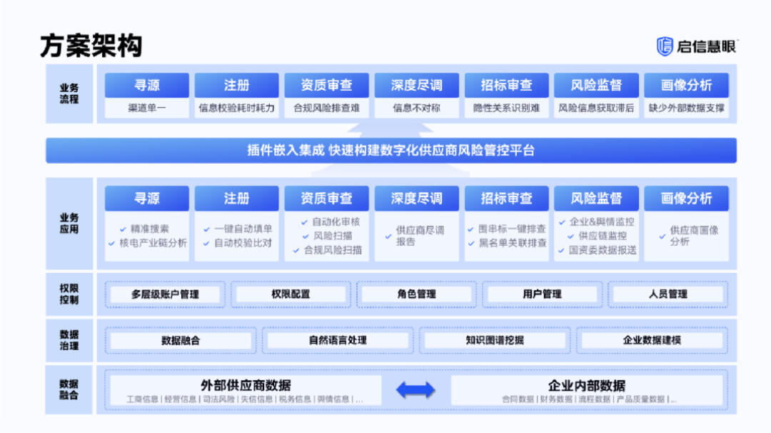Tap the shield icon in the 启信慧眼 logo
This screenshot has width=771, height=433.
coord(665,46)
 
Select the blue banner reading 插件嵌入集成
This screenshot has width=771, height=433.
coord(390,151)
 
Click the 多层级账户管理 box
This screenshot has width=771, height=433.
coord(165,294)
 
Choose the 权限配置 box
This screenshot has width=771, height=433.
coord(291,294)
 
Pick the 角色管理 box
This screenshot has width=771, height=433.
coord(416,294)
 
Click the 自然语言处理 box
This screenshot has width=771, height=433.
coord(338,340)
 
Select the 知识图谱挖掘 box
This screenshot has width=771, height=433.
coord(495,340)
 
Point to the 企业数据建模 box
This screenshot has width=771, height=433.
coord(652,340)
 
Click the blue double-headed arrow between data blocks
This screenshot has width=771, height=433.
coord(415,389)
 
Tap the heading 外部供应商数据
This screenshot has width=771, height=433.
coord(245,386)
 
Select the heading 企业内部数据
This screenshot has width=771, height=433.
coord(586,386)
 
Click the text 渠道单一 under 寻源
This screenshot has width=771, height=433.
coord(147,109)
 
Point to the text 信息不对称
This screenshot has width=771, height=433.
coord(416,109)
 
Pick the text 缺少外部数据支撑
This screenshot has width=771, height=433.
coord(686,109)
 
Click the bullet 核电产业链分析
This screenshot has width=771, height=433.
coord(152,243)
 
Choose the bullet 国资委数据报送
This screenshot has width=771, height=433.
coord(602,250)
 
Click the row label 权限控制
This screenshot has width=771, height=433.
coord(69,294)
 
